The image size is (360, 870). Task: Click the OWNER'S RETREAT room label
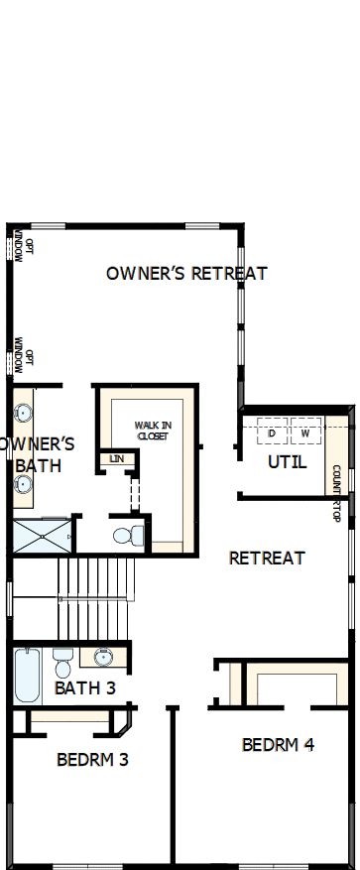pos(186,273)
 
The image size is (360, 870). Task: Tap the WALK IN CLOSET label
pos(153,431)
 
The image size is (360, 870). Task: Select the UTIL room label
pos(288,462)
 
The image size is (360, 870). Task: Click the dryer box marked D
pos(272,434)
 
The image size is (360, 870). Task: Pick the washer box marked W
pos(305,434)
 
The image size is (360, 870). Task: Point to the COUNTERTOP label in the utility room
pos(336,493)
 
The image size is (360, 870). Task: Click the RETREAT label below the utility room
pos(267,559)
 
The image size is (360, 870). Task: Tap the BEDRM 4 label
pos(278,744)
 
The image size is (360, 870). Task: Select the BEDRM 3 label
pos(92,760)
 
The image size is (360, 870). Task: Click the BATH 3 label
pos(85,687)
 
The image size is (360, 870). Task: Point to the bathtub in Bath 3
pos(28,674)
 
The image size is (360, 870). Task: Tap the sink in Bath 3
pos(103,657)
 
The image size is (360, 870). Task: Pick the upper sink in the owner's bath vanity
pos(23,412)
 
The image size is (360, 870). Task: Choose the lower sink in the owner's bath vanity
pos(23,484)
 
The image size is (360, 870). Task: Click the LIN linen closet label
pos(116,458)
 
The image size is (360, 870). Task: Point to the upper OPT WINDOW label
pos(24,248)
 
